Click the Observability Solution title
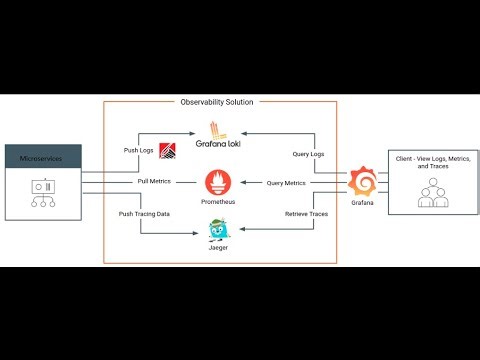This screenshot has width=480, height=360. tap(218, 102)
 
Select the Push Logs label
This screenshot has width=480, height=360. tap(137, 149)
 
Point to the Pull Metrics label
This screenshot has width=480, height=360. tap(154, 182)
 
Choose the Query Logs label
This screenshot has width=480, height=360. tap(308, 154)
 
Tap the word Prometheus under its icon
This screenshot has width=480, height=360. tap(218, 202)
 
